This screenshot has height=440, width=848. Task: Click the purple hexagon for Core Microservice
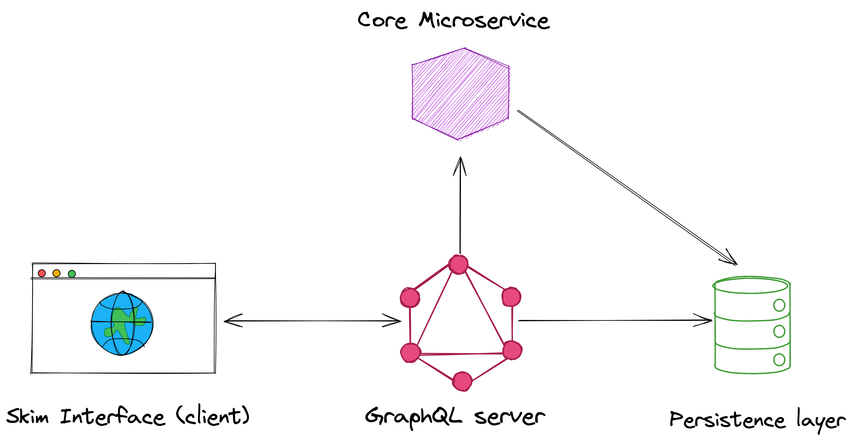(460, 94)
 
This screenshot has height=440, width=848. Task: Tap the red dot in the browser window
(42, 273)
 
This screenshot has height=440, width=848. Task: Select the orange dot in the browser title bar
(57, 273)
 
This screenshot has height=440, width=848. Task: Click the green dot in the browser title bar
(72, 274)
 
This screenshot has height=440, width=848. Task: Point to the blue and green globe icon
(122, 324)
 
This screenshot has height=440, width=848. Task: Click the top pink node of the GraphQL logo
(458, 264)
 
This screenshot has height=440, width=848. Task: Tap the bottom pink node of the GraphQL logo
(462, 381)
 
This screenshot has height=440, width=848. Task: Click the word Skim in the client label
(27, 416)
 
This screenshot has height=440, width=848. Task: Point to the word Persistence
(727, 420)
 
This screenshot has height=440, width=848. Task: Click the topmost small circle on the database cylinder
(779, 305)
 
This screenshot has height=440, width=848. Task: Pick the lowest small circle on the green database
(779, 360)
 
